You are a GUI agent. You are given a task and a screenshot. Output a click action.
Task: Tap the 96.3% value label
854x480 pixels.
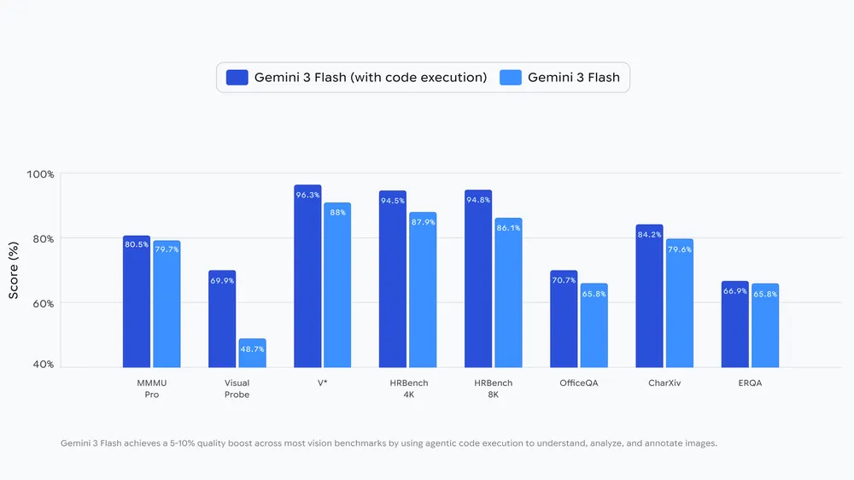pyautogui.click(x=307, y=195)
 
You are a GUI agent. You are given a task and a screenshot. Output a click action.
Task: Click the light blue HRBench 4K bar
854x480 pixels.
pyautogui.click(x=423, y=290)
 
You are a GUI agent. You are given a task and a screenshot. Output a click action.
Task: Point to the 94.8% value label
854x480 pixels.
pyautogui.click(x=478, y=200)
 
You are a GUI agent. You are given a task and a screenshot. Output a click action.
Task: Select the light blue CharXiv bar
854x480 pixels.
pyautogui.click(x=679, y=303)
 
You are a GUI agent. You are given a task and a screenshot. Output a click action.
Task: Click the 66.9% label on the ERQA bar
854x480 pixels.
pyautogui.click(x=734, y=291)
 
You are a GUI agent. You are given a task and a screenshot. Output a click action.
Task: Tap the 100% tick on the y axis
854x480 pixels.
pyautogui.click(x=41, y=174)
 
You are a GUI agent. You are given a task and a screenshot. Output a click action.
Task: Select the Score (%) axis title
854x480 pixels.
pyautogui.click(x=14, y=270)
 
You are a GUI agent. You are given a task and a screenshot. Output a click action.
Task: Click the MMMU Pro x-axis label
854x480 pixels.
pyautogui.click(x=151, y=389)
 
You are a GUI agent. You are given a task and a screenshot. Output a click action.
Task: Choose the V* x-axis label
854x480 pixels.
pyautogui.click(x=322, y=383)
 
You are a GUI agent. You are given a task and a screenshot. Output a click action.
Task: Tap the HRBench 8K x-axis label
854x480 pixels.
pyautogui.click(x=493, y=389)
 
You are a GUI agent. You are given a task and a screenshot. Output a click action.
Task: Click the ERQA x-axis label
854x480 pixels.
pyautogui.click(x=749, y=383)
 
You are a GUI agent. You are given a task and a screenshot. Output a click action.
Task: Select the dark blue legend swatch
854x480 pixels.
pyautogui.click(x=237, y=78)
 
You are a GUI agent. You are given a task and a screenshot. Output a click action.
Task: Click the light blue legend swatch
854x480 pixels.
pyautogui.click(x=510, y=78)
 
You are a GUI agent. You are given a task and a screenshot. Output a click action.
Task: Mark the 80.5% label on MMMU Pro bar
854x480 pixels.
pyautogui.click(x=137, y=245)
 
